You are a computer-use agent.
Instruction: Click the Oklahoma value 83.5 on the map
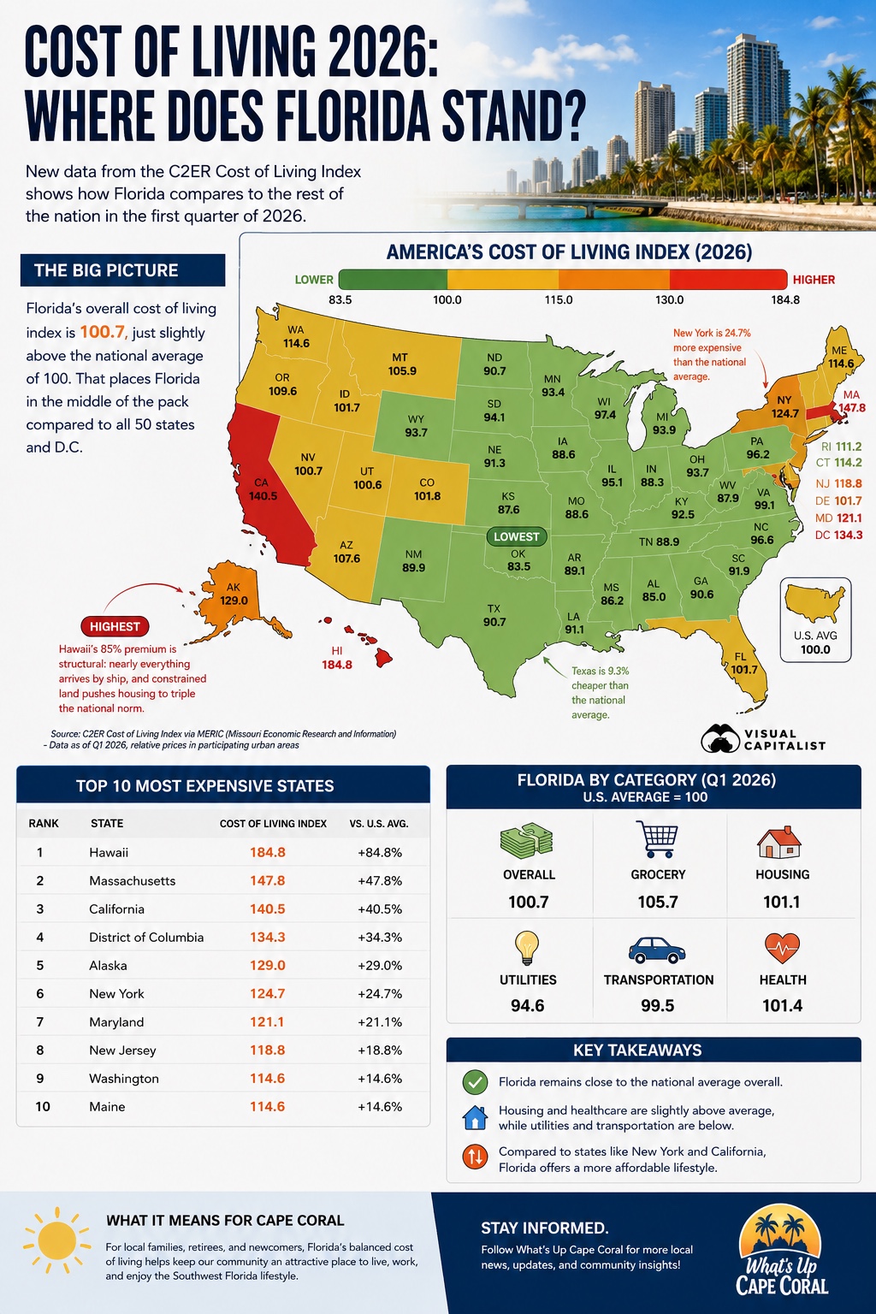coord(518,566)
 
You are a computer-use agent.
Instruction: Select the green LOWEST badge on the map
coord(517,536)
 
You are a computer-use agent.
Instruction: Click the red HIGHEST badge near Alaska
coord(115,626)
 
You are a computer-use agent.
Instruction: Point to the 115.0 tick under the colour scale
coord(559,299)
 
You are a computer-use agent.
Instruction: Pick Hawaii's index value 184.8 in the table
coord(268,852)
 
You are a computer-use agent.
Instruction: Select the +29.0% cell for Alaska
coord(380,966)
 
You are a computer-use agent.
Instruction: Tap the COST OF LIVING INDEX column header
coord(273,824)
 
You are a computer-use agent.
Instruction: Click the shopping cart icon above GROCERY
coord(658,839)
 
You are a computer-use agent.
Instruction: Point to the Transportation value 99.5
coord(657,1005)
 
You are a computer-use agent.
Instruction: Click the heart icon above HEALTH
coord(782,948)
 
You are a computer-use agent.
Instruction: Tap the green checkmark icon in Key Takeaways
coord(475,1082)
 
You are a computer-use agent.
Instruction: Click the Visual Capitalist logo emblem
coord(719,738)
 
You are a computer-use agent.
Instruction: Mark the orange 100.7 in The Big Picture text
coord(102,332)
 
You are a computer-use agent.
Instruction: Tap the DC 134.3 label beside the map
coord(838,535)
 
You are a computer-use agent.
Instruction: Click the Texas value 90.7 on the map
coord(494,622)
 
